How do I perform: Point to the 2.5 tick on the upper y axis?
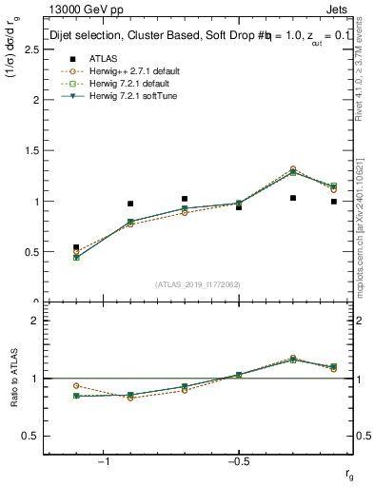coord(32,49)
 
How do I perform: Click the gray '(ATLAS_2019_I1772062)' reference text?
coord(198,283)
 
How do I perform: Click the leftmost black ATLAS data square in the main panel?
coord(76,247)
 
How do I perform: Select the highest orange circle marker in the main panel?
coord(292,169)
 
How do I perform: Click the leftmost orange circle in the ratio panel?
coord(76,385)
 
